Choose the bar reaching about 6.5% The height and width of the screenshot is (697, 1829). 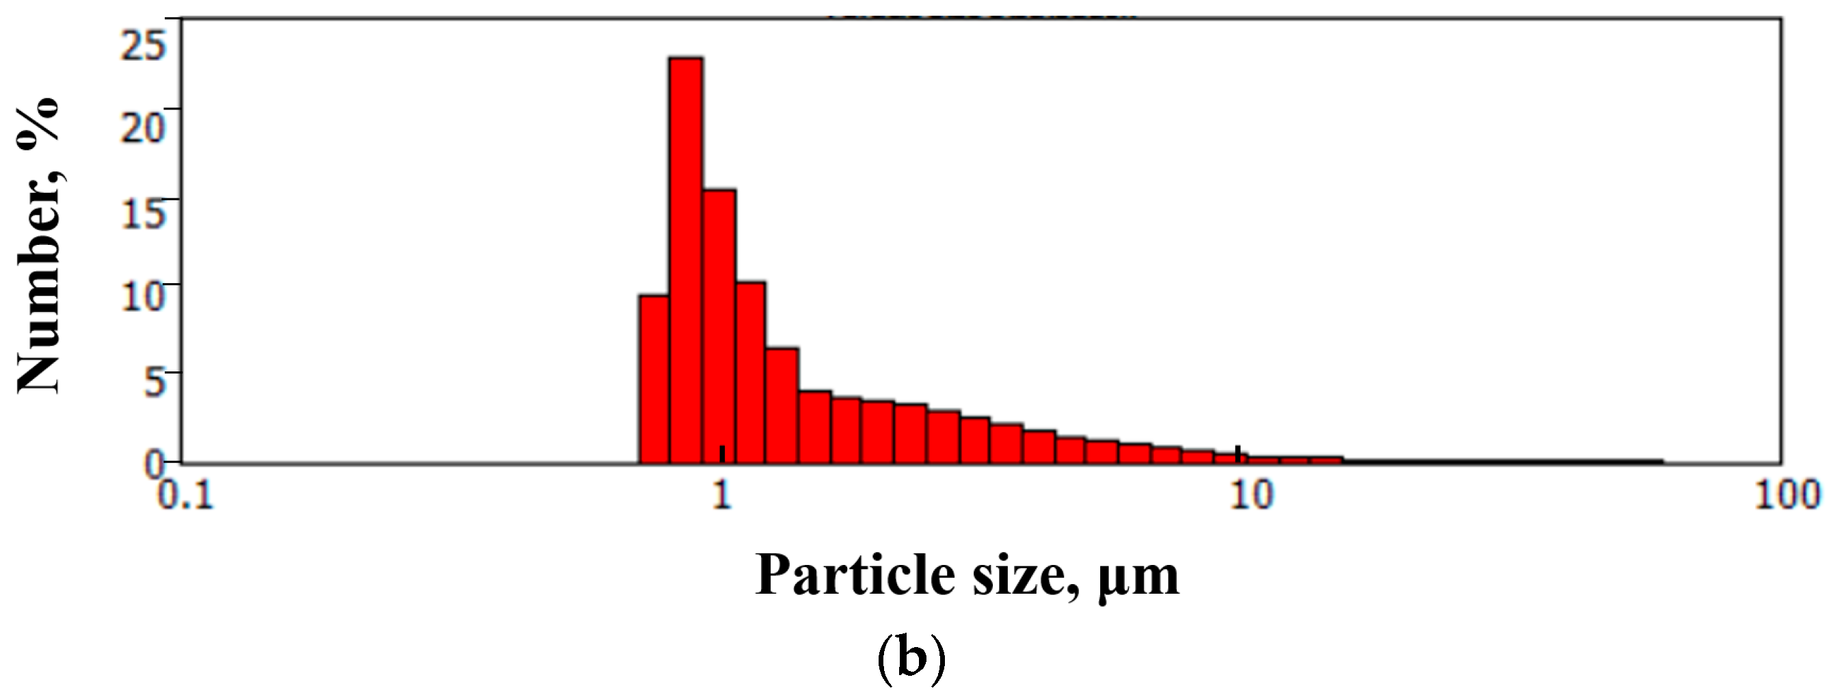782,405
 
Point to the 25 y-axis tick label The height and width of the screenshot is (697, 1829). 144,45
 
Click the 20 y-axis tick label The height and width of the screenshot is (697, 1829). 144,128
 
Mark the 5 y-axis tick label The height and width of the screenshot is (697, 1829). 155,382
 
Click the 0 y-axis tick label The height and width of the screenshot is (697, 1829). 154,464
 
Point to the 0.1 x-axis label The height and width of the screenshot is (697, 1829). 185,495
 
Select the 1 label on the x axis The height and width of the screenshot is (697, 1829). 722,495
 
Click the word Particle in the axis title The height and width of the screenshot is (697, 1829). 855,575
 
